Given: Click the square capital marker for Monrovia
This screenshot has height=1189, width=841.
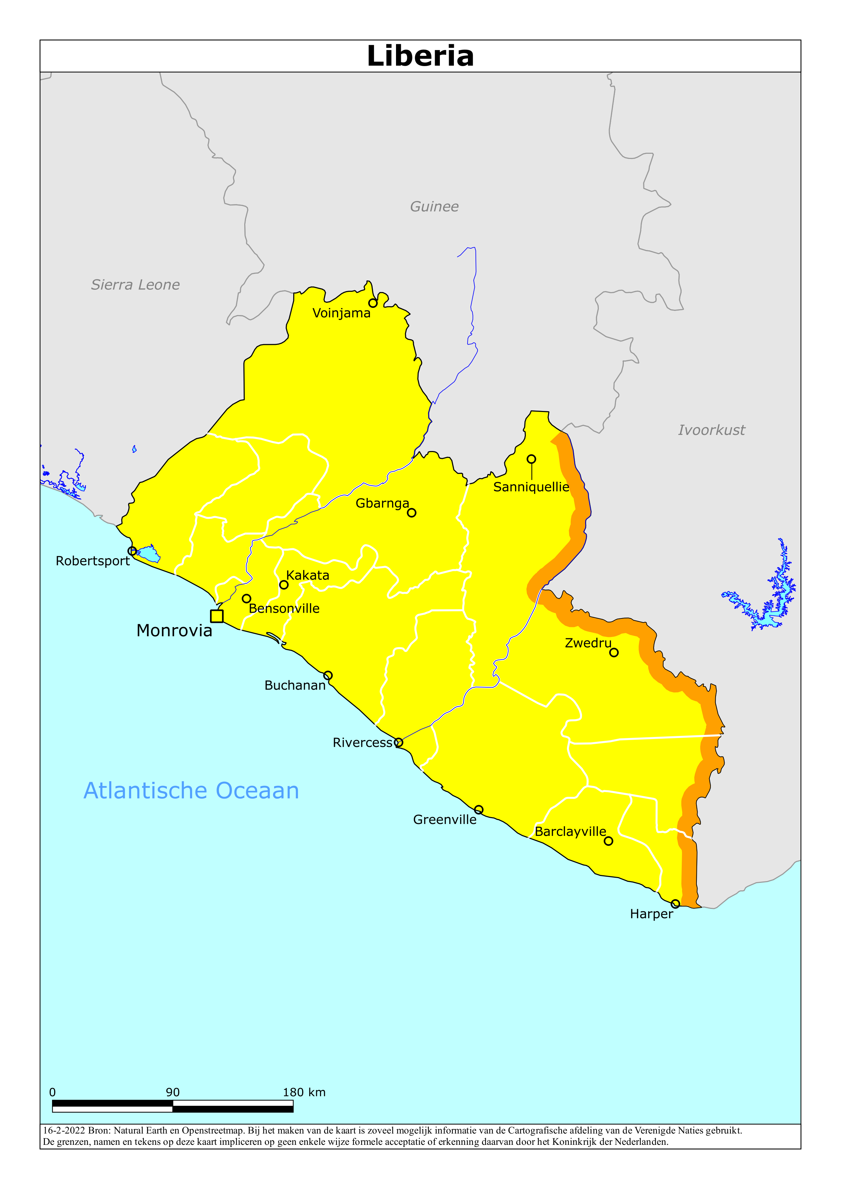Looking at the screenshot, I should [x=217, y=616].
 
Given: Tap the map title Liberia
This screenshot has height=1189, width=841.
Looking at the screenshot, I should [x=420, y=56].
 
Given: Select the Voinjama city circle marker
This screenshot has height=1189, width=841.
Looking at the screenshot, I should [x=373, y=303].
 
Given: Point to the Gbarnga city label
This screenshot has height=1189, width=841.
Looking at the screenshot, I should [x=382, y=503].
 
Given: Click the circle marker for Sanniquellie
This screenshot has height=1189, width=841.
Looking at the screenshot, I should [x=531, y=459].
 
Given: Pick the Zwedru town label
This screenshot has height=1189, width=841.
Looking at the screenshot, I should [x=588, y=643].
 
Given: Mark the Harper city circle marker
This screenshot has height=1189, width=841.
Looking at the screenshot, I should [x=675, y=904].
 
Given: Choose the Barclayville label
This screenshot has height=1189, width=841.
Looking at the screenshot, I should [x=570, y=832].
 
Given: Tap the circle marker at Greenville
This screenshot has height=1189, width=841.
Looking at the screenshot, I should [x=479, y=810].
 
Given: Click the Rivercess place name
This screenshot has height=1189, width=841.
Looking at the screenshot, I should [x=363, y=742].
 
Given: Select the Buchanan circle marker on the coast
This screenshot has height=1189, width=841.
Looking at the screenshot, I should [x=328, y=675].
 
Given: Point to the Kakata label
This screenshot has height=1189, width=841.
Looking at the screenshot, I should [x=308, y=575].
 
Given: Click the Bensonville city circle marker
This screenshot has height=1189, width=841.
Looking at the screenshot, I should [x=247, y=599].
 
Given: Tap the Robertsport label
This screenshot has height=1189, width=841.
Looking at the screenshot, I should [x=93, y=561].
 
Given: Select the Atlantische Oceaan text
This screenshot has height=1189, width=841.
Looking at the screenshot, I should [x=191, y=791].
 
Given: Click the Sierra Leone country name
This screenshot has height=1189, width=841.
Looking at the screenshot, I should [x=135, y=285].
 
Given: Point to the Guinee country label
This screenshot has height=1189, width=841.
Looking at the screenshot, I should [x=434, y=206].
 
